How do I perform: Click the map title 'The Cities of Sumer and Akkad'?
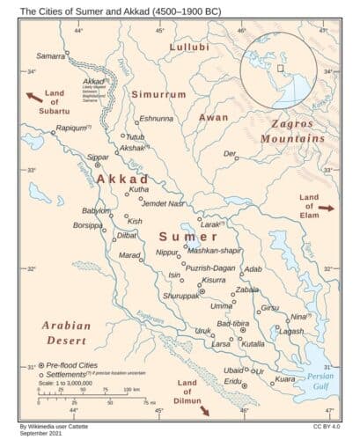click(x=106, y=11)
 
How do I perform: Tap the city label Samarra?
click(x=50, y=55)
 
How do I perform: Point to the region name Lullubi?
click(x=189, y=46)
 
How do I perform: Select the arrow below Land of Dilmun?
click(x=203, y=410)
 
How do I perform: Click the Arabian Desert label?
click(x=67, y=332)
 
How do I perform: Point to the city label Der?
click(x=230, y=153)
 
